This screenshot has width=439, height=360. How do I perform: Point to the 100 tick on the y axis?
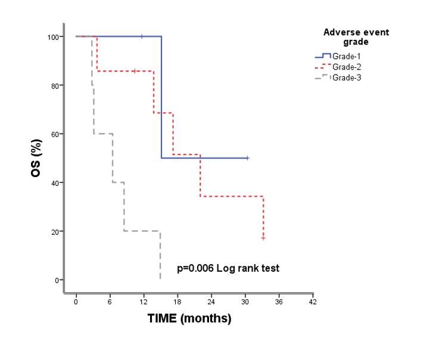click(x=54, y=37)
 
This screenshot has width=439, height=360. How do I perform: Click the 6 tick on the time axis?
click(x=110, y=302)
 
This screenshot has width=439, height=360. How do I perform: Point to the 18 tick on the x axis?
click(x=178, y=302)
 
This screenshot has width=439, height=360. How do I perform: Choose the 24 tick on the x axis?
click(x=211, y=302)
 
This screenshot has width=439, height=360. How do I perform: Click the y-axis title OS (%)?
click(x=36, y=158)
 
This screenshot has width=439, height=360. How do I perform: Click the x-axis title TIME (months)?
click(x=189, y=319)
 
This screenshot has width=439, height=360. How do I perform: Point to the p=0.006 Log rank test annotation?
click(x=229, y=268)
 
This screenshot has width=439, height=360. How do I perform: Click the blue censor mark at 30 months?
click(x=247, y=158)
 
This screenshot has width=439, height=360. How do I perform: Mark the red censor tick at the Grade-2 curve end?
click(x=263, y=238)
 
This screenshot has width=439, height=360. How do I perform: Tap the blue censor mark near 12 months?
click(x=142, y=36)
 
